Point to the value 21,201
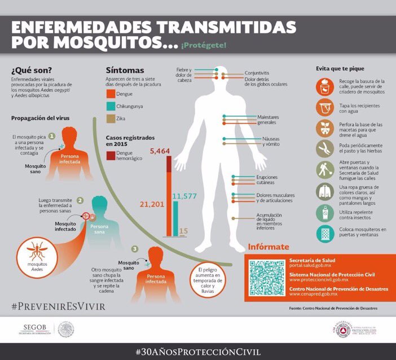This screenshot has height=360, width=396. [x=149, y=204]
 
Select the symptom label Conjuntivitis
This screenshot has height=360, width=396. [x=257, y=73]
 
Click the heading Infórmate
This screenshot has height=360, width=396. [x=269, y=247]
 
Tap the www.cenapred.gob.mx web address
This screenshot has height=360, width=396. [x=313, y=294]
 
